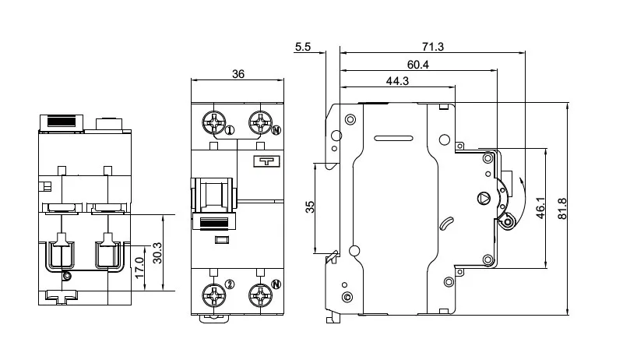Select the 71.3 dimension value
(435, 47)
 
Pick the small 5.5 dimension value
(304, 47)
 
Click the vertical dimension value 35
(310, 208)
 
